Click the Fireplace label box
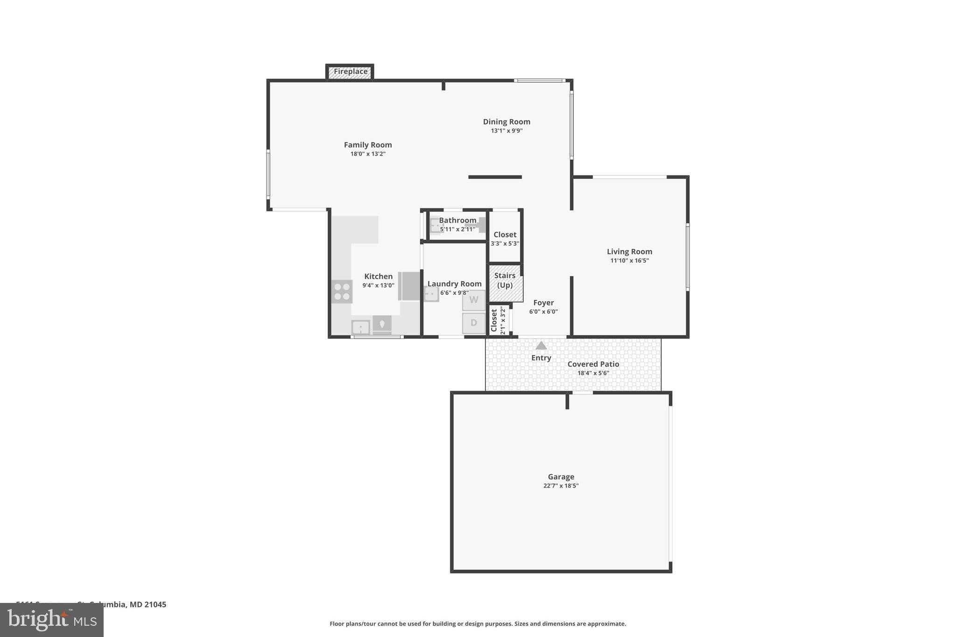click(x=350, y=72)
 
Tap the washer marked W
click(x=474, y=300)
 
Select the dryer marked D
click(x=474, y=323)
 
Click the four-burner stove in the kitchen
click(x=342, y=292)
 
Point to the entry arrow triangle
click(x=541, y=346)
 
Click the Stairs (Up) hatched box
click(x=506, y=283)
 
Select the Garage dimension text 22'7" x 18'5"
click(x=561, y=486)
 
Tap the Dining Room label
click(x=506, y=122)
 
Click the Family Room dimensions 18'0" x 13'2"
click(x=368, y=154)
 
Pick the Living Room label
click(x=629, y=252)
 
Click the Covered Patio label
click(x=593, y=364)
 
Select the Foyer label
click(x=543, y=303)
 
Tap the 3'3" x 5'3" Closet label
click(x=505, y=235)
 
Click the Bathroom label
click(x=457, y=220)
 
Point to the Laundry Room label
click(x=454, y=284)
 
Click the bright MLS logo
click(x=52, y=620)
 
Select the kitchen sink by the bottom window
click(x=361, y=328)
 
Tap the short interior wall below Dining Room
click(x=495, y=177)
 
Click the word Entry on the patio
click(x=541, y=358)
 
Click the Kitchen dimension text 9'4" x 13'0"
click(x=378, y=286)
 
